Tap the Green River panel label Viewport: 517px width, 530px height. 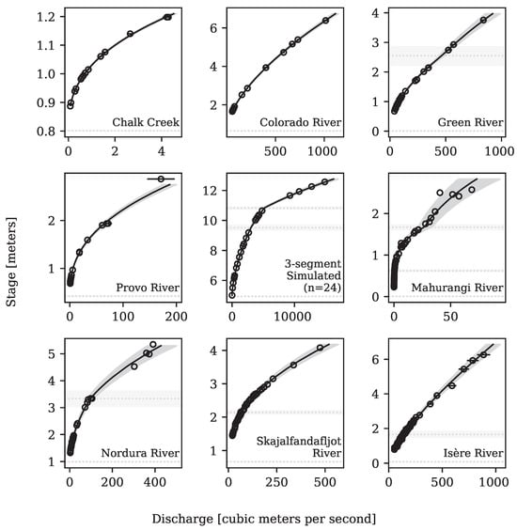(x=467, y=122)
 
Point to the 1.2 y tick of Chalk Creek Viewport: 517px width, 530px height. (x=44, y=17)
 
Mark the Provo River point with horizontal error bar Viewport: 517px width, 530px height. (x=161, y=179)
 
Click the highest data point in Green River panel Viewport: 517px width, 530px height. (x=483, y=19)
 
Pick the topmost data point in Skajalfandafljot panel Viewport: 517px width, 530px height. (x=320, y=348)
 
